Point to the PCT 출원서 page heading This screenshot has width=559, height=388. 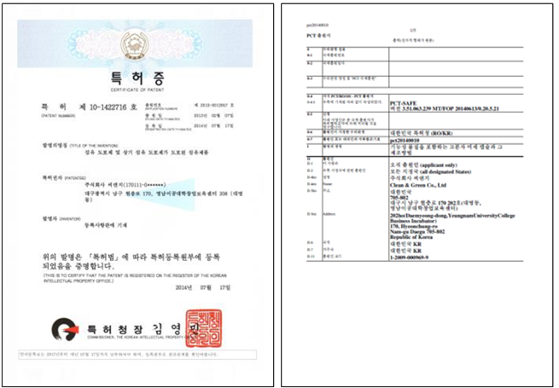[321, 33]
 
